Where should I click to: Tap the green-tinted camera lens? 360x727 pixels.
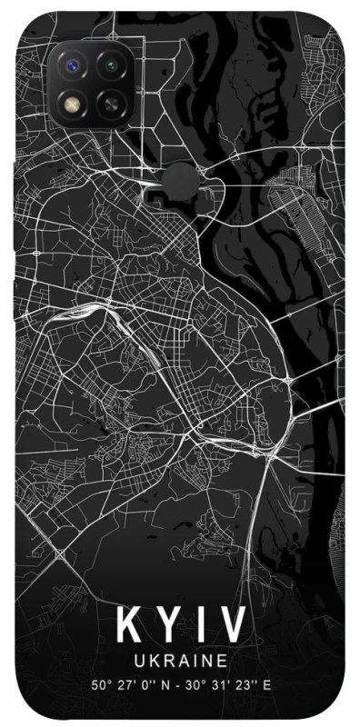click(112, 65)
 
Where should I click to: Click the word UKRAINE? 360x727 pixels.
click(180, 661)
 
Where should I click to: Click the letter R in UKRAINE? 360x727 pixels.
click(169, 661)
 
